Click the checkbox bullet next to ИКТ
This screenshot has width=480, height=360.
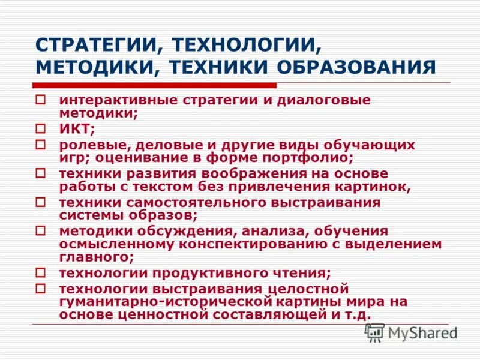[x=40, y=128]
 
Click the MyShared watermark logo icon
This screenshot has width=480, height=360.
[x=374, y=332]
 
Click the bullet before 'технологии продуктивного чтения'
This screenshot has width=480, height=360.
[x=40, y=272]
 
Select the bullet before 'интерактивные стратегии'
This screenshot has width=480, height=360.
[x=40, y=100]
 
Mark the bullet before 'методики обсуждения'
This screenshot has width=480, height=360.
[x=40, y=230]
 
